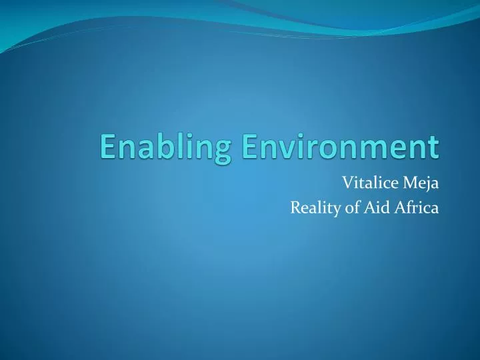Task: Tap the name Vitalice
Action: click(x=367, y=183)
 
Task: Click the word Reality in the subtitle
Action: click(x=313, y=209)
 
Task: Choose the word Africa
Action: click(x=415, y=208)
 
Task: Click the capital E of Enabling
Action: click(x=109, y=147)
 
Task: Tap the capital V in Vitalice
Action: click(x=347, y=183)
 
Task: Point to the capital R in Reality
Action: click(x=295, y=208)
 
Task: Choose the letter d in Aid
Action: click(x=383, y=208)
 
